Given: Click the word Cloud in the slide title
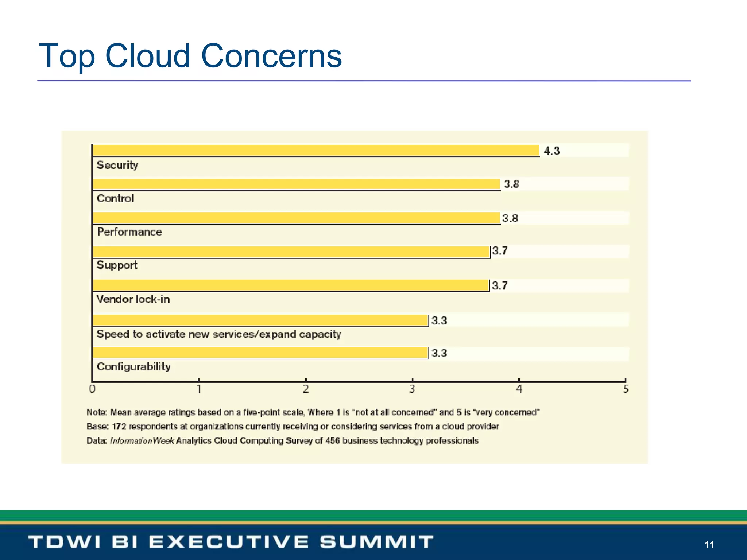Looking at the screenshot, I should pos(147,56).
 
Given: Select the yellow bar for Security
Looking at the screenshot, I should pos(316,151).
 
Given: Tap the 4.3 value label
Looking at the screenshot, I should pos(551,151).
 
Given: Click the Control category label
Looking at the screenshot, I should pos(115,198).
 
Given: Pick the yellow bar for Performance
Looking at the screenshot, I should pos(296,218).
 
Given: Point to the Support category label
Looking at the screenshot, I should pos(117,265).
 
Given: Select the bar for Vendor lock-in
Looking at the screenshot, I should pos(291,285).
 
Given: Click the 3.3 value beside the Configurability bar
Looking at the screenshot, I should pos(439,353).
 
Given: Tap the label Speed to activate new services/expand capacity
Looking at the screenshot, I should pos(219,334).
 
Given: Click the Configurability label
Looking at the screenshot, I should pos(133,366).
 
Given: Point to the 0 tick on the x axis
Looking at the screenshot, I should pos(92,389).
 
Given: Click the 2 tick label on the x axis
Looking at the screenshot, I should pos(306,389).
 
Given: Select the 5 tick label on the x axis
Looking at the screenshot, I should pos(626,389).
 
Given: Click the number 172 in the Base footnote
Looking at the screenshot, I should pos(119,427).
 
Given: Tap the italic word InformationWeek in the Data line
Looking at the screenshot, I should pos(142,441).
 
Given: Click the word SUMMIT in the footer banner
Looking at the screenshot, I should pos(376,542).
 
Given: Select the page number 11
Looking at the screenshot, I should pos(709,545).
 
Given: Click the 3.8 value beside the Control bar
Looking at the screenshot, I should pos(511,184).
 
